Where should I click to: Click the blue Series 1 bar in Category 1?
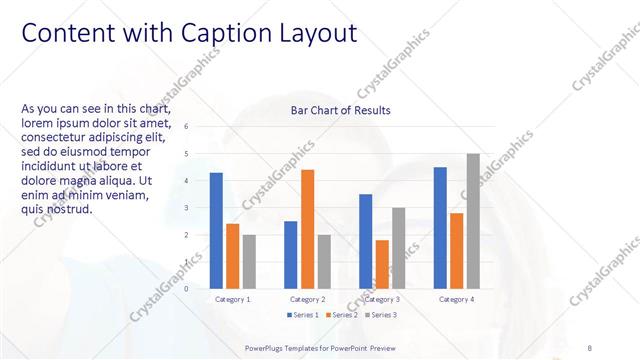coord(216,231)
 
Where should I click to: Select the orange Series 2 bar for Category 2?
coord(307,229)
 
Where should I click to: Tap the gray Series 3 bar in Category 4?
coord(473,221)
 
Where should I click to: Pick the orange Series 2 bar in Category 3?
coord(382,264)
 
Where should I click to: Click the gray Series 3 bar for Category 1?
coord(249,262)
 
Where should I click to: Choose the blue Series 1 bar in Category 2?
coord(291,255)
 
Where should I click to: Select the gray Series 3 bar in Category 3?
coord(398,248)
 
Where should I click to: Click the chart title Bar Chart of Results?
coord(340,110)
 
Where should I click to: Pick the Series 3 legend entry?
coord(382,316)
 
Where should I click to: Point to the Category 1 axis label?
coord(233,299)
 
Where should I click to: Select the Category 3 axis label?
coord(382,299)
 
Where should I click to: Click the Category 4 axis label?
coord(456,299)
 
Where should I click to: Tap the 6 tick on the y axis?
coord(186,127)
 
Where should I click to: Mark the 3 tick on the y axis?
coord(186,208)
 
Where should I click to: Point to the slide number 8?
coord(588,347)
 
